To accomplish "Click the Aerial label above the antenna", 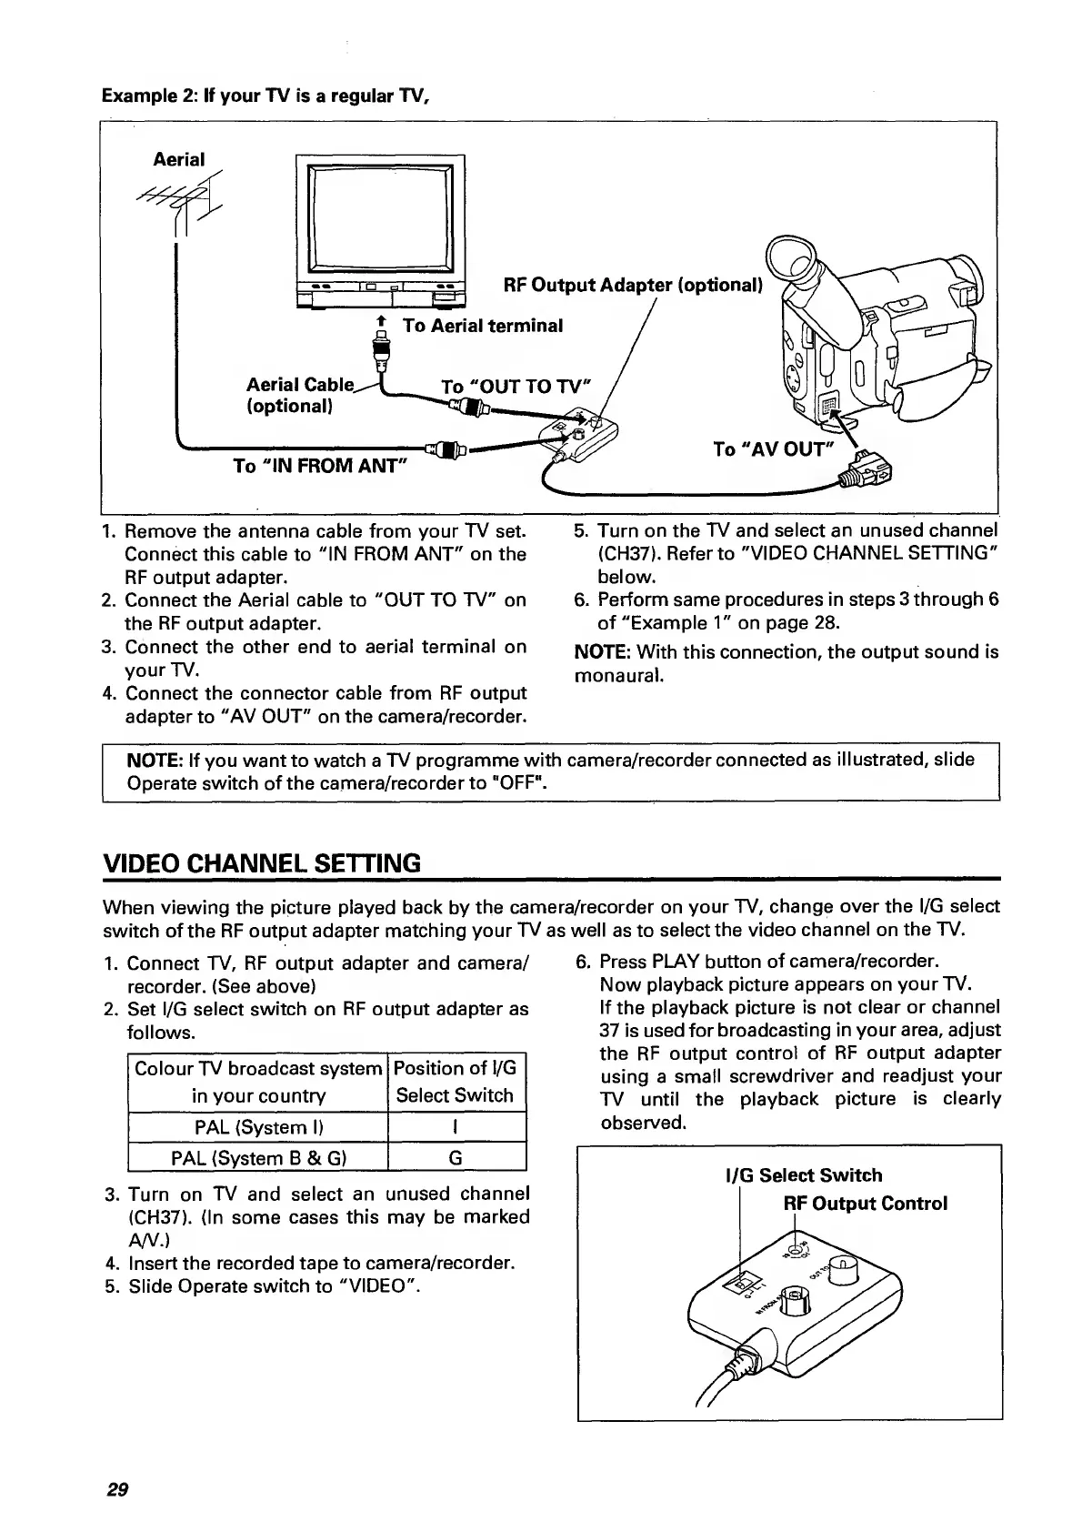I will (x=179, y=159).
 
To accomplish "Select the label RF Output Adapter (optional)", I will (x=632, y=286).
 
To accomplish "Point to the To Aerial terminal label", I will (x=483, y=326).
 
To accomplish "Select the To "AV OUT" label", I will (x=773, y=449).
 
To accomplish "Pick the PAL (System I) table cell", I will (x=258, y=1127).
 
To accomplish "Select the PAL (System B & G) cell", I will (x=258, y=1158).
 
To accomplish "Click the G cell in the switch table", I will (x=456, y=1158).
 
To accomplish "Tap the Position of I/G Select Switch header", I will (x=456, y=1082).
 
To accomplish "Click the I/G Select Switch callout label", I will (x=803, y=1175).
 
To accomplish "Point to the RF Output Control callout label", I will (x=866, y=1204).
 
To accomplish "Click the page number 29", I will (x=117, y=1489).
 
